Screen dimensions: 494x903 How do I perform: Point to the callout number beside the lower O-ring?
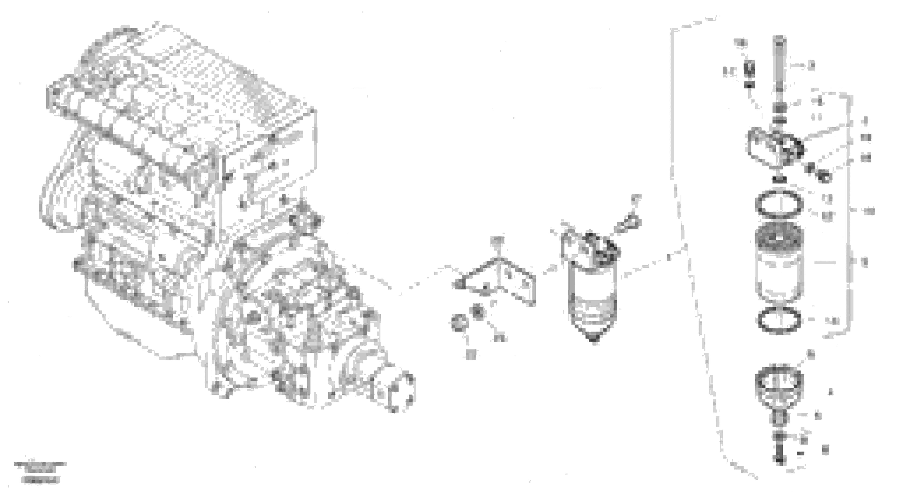(x=832, y=320)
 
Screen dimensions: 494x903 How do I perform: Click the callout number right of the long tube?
(x=811, y=66)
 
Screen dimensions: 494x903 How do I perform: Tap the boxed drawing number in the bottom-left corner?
(x=40, y=480)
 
